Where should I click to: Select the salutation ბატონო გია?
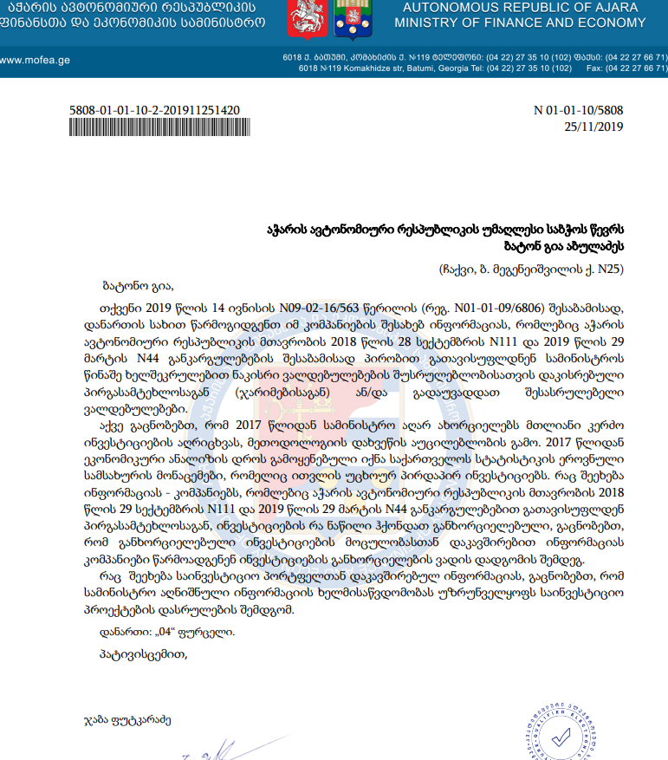pyautogui.click(x=138, y=285)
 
